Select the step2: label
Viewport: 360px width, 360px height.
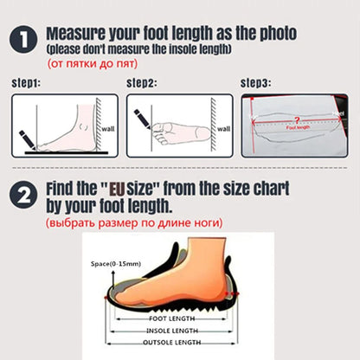(142, 84)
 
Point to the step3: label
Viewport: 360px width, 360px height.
(255, 84)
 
